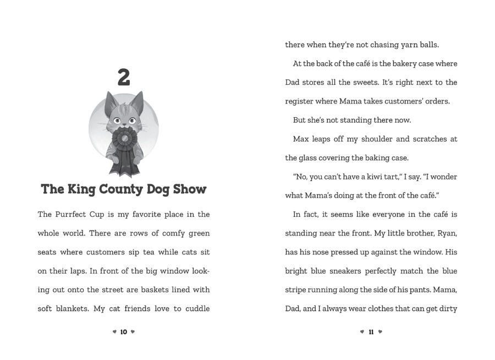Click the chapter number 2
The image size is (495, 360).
tap(124, 78)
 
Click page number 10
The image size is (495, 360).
tap(124, 332)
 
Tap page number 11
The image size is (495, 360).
tap(371, 332)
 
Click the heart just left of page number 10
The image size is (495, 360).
tap(114, 332)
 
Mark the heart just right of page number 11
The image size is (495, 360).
tap(380, 332)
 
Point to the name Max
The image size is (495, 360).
tap(301, 139)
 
